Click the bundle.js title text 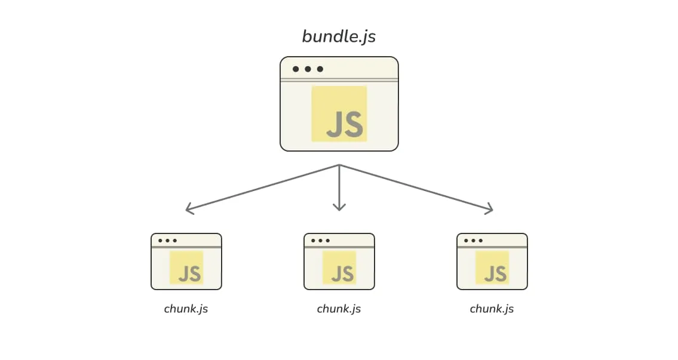(339, 36)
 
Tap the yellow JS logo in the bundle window (339, 113)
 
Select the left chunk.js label (186, 309)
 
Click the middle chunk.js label (339, 309)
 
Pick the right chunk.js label (492, 309)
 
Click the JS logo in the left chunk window (186, 267)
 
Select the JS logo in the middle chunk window (339, 267)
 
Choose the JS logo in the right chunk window (492, 267)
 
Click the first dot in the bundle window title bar (296, 69)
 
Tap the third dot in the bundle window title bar (320, 69)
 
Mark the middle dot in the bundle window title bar (308, 69)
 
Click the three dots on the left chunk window (167, 241)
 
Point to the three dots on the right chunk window (473, 241)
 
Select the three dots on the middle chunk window (320, 241)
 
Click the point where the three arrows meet (339, 165)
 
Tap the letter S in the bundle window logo (354, 124)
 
